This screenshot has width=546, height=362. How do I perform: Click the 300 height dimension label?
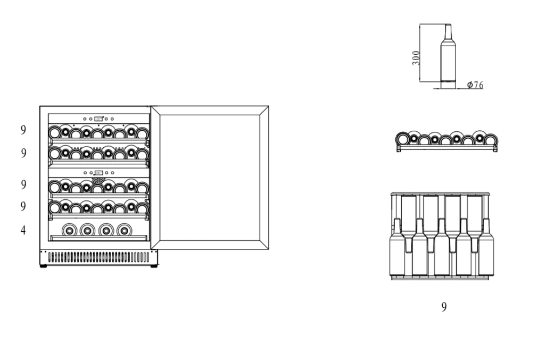click(416, 57)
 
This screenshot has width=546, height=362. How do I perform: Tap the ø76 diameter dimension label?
click(475, 85)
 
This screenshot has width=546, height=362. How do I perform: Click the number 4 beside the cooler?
click(23, 231)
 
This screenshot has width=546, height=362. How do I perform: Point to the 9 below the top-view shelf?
click(444, 307)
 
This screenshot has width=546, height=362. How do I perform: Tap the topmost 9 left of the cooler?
click(23, 130)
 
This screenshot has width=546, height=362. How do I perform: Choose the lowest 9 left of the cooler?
click(23, 206)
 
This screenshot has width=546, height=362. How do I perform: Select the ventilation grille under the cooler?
click(99, 257)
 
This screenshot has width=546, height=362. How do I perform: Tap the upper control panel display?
click(98, 119)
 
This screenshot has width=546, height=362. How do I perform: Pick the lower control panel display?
click(98, 173)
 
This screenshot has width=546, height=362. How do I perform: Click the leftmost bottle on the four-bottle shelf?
click(69, 230)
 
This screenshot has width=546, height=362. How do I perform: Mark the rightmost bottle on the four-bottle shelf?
click(125, 230)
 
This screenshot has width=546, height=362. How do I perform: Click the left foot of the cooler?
click(44, 266)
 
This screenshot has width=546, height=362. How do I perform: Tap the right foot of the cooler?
click(153, 266)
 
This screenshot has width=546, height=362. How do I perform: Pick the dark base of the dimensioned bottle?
click(448, 84)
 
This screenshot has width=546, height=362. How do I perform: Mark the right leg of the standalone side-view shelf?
click(495, 149)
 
